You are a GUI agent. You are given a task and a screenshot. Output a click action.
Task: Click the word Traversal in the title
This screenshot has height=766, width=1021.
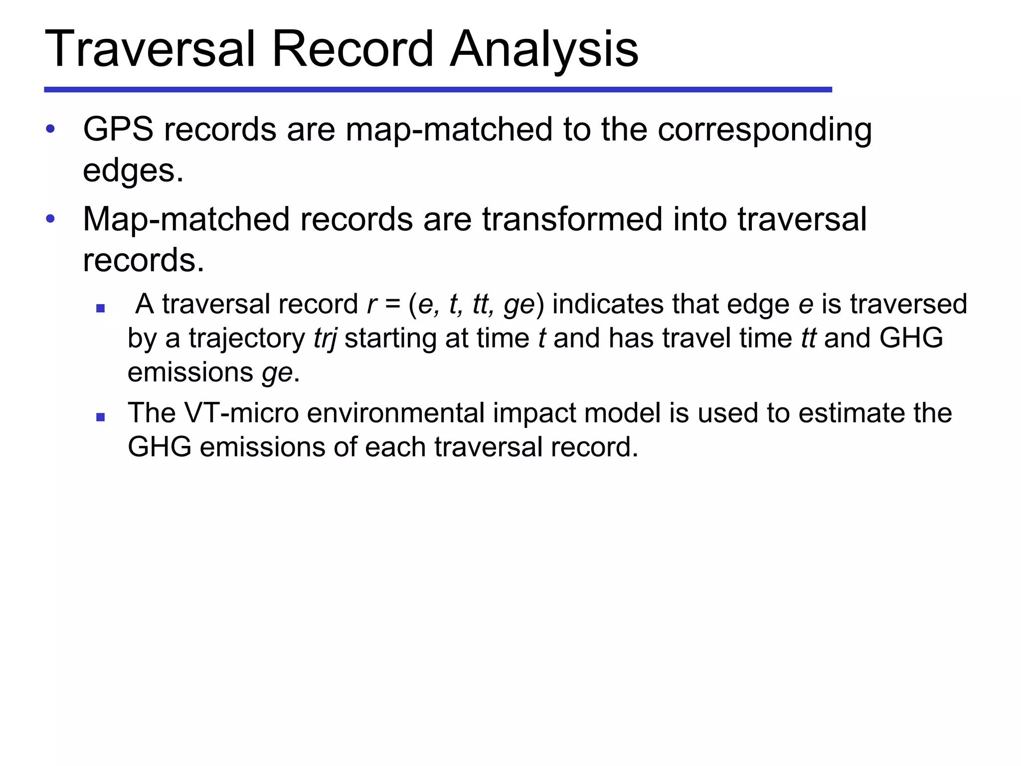pyautogui.click(x=150, y=49)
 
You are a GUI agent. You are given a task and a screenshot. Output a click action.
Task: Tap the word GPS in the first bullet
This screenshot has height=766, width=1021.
pyautogui.click(x=118, y=129)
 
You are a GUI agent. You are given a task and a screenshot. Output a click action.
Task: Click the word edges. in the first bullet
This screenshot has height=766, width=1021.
pyautogui.click(x=133, y=171)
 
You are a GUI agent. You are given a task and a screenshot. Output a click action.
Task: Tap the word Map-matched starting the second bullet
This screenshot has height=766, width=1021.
pyautogui.click(x=186, y=219)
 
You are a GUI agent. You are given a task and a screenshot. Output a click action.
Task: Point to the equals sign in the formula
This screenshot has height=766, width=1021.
pyautogui.click(x=392, y=304)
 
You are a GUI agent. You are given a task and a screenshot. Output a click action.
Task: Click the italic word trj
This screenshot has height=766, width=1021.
pyautogui.click(x=325, y=338)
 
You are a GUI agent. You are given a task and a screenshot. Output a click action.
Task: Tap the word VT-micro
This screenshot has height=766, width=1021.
pyautogui.click(x=241, y=413)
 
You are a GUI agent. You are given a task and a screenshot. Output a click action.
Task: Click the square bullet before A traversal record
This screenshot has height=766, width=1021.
pyautogui.click(x=100, y=308)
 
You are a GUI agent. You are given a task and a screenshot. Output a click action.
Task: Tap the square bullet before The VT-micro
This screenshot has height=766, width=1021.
pyautogui.click(x=100, y=417)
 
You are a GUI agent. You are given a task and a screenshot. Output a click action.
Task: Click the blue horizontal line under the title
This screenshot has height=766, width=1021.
pyautogui.click(x=438, y=90)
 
